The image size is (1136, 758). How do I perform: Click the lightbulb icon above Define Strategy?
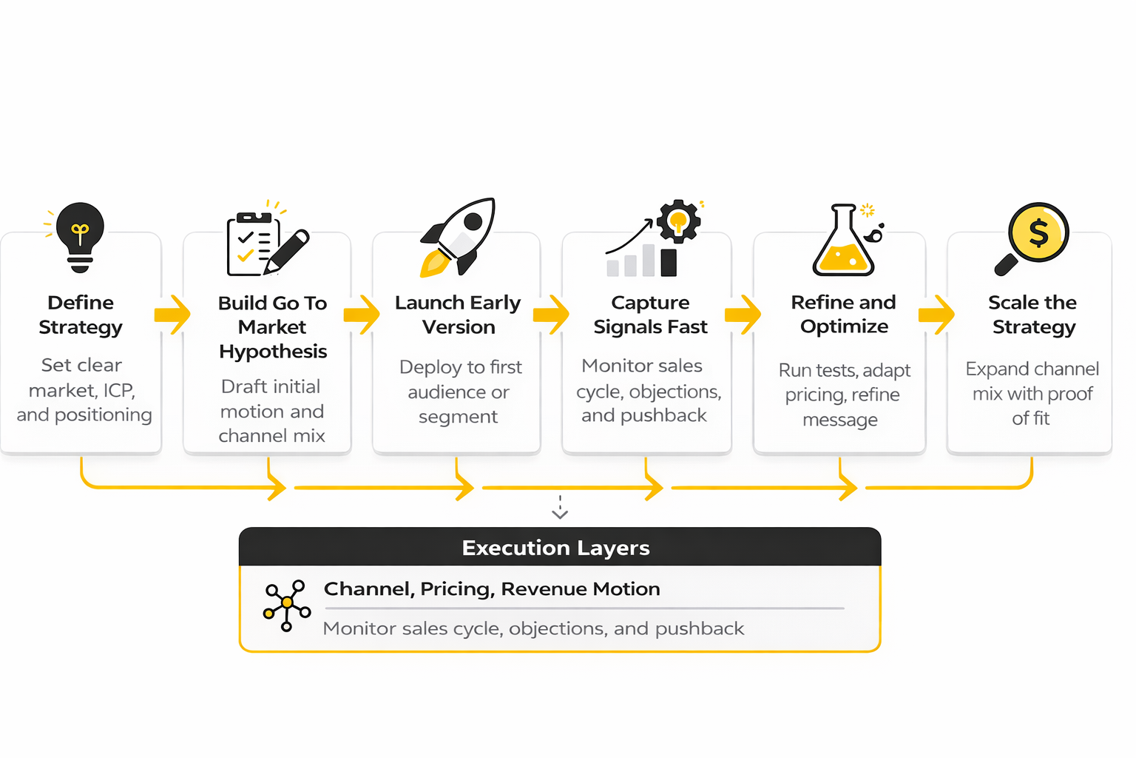click(80, 236)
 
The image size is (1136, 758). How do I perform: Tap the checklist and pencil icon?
click(266, 243)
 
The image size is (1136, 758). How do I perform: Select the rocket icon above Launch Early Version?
click(459, 237)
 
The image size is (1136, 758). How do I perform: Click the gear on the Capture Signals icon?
click(678, 221)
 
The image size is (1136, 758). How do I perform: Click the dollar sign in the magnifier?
click(1038, 232)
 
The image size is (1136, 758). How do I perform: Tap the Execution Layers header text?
click(555, 548)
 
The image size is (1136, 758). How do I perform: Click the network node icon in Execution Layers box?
click(286, 604)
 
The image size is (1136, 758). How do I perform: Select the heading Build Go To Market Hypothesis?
click(272, 326)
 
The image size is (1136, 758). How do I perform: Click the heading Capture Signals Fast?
click(650, 315)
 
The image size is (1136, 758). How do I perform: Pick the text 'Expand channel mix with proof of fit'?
click(1032, 393)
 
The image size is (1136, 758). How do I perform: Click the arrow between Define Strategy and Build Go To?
click(172, 315)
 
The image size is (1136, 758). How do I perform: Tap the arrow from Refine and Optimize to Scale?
click(936, 315)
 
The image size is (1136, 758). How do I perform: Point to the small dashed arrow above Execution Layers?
click(560, 508)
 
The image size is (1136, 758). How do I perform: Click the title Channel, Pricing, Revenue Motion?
click(492, 589)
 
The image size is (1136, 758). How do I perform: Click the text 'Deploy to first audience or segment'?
click(459, 392)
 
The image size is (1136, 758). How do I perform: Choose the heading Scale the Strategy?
click(1032, 315)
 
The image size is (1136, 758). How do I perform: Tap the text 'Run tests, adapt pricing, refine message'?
click(843, 395)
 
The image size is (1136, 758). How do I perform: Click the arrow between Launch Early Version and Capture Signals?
click(551, 315)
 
